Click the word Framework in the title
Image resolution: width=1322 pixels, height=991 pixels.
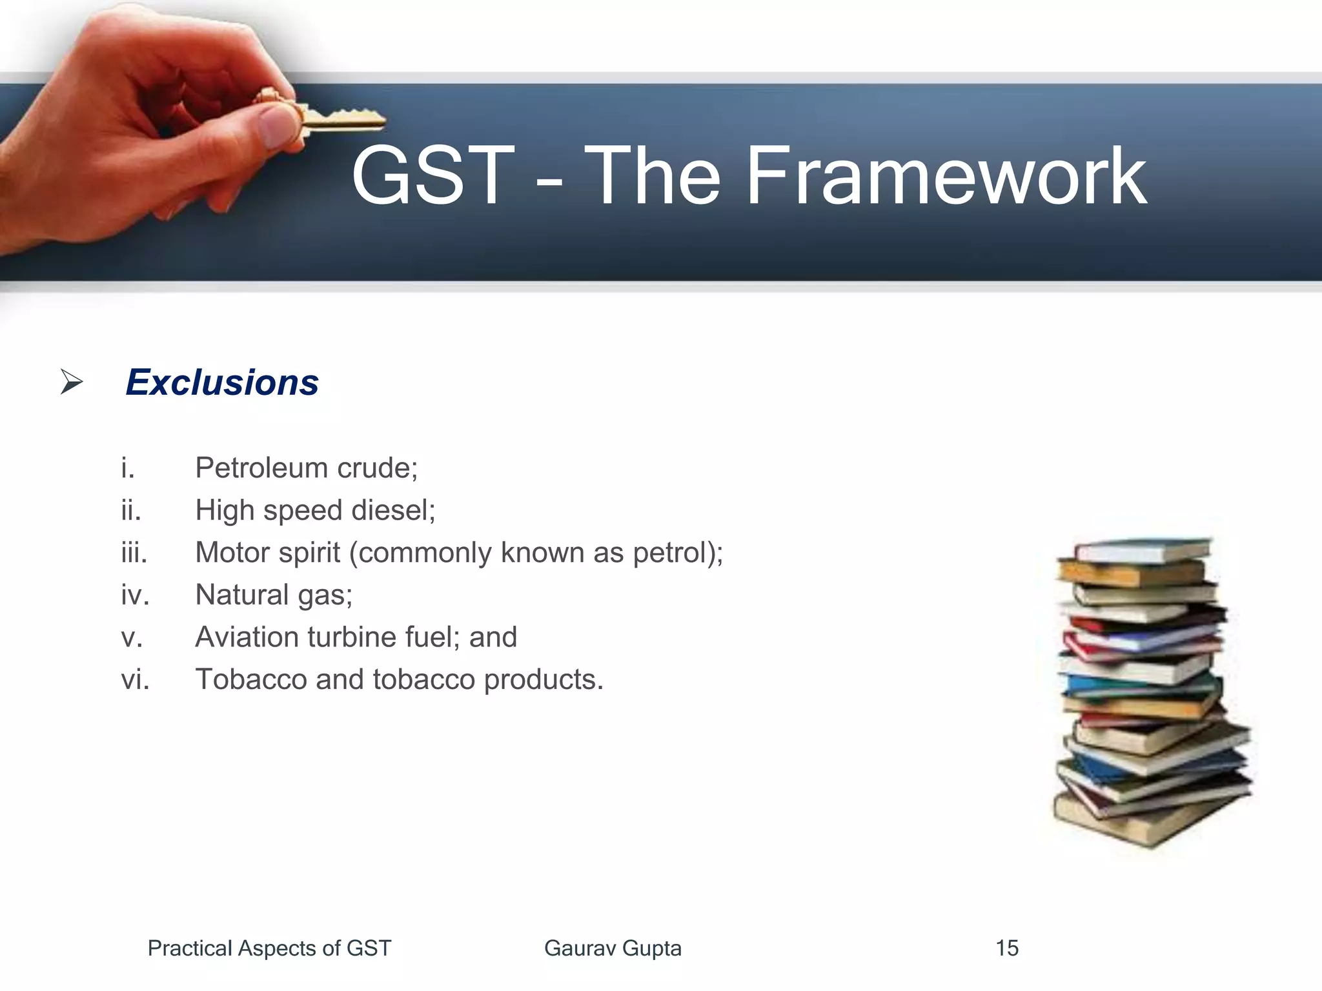[946, 176]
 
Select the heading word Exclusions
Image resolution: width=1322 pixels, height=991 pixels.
[222, 383]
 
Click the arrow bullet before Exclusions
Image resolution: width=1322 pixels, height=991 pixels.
[72, 382]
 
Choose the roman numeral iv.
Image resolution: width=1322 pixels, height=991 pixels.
[135, 595]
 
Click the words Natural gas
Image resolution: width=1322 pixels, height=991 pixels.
[274, 595]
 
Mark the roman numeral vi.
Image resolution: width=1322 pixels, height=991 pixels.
[135, 679]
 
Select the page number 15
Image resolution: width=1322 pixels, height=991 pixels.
[1006, 948]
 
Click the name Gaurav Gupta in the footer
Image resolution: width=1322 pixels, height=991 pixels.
[613, 948]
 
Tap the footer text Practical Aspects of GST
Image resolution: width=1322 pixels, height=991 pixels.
[269, 948]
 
